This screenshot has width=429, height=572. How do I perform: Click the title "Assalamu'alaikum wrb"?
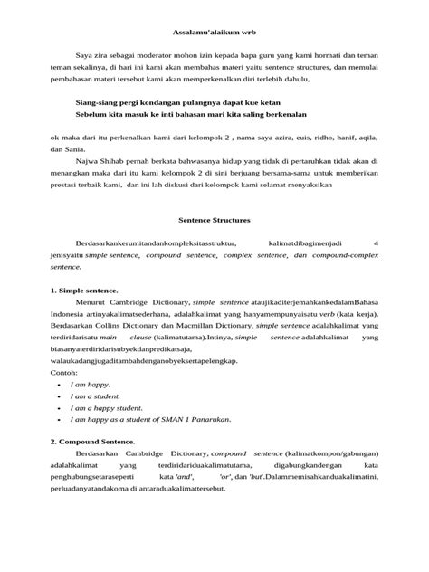click(x=214, y=31)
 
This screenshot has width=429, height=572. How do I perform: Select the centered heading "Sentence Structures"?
click(x=214, y=220)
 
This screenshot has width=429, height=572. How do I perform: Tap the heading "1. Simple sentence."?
click(x=83, y=291)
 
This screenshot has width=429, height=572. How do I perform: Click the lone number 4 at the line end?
click(x=377, y=243)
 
